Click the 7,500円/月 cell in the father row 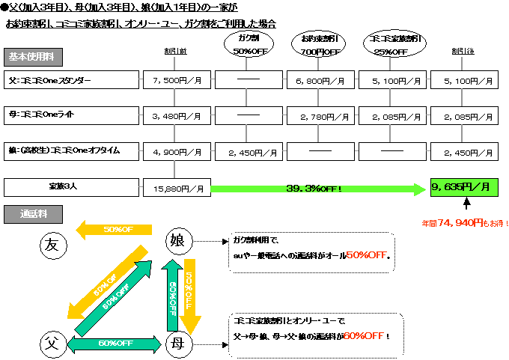click(x=177, y=79)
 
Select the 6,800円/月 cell click(x=321, y=79)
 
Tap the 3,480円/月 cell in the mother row click(x=177, y=116)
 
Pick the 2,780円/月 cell click(x=321, y=116)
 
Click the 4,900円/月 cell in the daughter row click(x=177, y=152)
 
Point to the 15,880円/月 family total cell click(x=177, y=188)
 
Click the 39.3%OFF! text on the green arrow click(x=314, y=188)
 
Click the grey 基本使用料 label click(x=33, y=57)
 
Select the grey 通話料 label click(x=33, y=213)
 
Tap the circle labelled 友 click(x=52, y=245)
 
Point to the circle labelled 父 click(x=52, y=344)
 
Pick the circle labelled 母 click(x=179, y=344)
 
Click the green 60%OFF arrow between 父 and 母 click(x=115, y=344)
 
